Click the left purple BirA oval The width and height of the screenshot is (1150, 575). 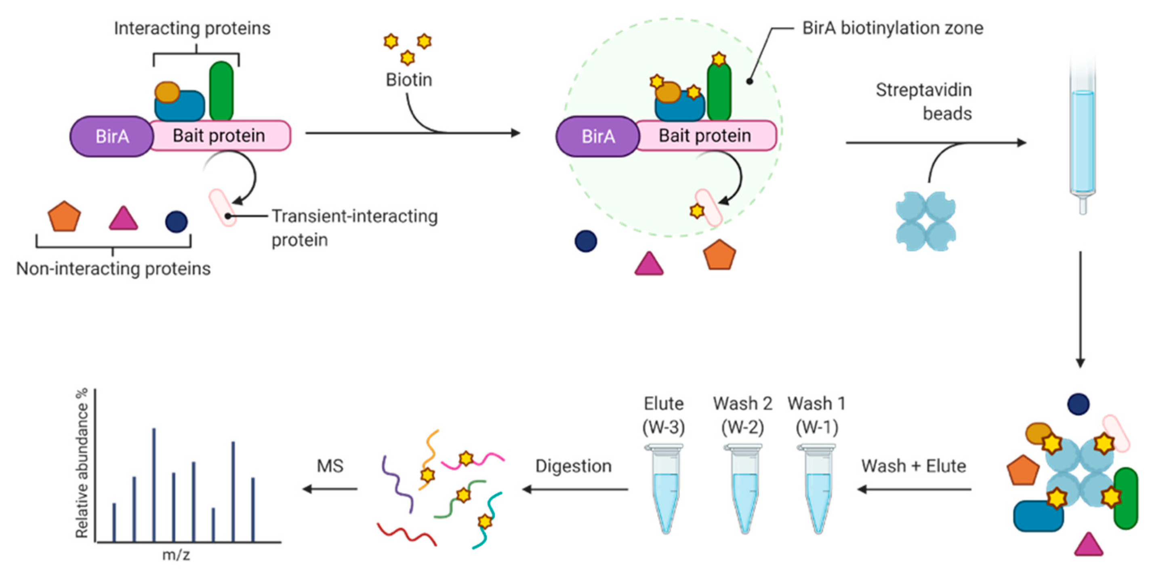coord(111,136)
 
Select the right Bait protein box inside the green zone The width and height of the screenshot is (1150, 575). coord(705,135)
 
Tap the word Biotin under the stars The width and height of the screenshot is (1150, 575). coord(409,80)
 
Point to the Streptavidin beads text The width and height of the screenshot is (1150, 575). coord(924,102)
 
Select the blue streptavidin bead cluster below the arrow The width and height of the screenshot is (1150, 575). coord(926,221)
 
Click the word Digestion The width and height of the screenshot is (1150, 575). coord(573,466)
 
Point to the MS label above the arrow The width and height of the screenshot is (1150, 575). coord(330,466)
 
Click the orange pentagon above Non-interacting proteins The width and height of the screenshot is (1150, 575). coord(64,217)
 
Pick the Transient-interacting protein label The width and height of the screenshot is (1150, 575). coord(355,228)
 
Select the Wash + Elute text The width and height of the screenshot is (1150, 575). coord(913,466)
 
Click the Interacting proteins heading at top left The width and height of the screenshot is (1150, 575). coord(192,28)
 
